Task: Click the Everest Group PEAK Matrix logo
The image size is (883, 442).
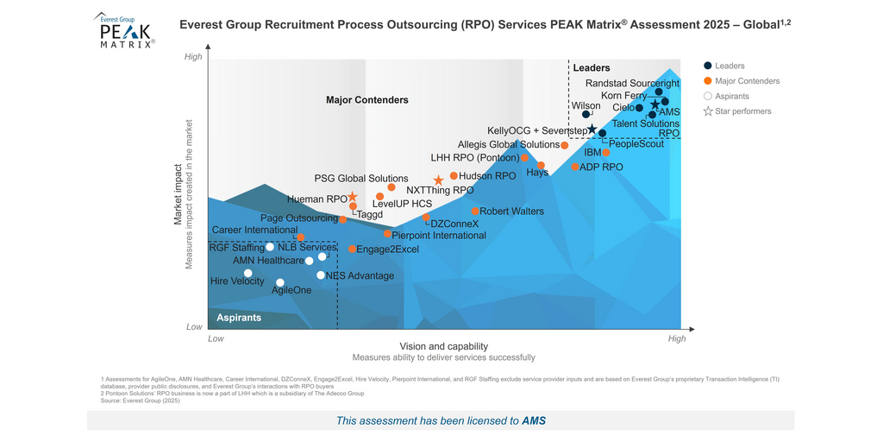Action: point(124,31)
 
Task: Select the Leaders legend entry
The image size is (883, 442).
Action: point(730,66)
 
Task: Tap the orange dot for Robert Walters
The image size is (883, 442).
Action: point(475,211)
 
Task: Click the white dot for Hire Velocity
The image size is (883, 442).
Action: point(248,273)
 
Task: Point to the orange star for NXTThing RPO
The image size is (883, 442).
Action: point(439,180)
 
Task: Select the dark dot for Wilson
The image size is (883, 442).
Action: point(586,114)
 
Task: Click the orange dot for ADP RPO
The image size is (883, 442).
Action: point(575,167)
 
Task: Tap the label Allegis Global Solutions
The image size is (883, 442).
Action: point(508,145)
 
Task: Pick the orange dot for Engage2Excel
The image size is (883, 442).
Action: point(353,249)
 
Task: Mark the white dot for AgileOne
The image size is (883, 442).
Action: point(280,282)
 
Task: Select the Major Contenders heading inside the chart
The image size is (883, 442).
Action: point(366,100)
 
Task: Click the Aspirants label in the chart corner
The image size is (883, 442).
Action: point(239,318)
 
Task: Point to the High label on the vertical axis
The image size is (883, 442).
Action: point(193,57)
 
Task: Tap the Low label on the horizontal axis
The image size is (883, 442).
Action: point(216,338)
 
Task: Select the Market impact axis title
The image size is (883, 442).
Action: point(178,194)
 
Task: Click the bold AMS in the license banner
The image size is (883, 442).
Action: point(534,421)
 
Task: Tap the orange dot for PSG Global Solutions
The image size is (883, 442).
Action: point(391,187)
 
